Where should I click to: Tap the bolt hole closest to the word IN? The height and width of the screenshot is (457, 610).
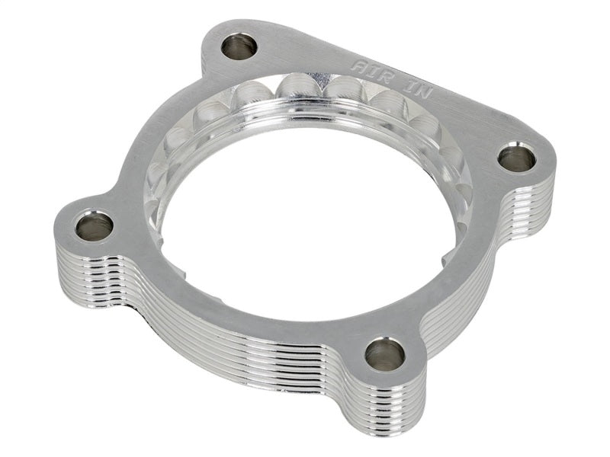tap(516, 158)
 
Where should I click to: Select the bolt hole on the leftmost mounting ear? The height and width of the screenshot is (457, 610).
tap(95, 225)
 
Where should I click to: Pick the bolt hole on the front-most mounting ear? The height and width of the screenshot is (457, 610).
tap(384, 354)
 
